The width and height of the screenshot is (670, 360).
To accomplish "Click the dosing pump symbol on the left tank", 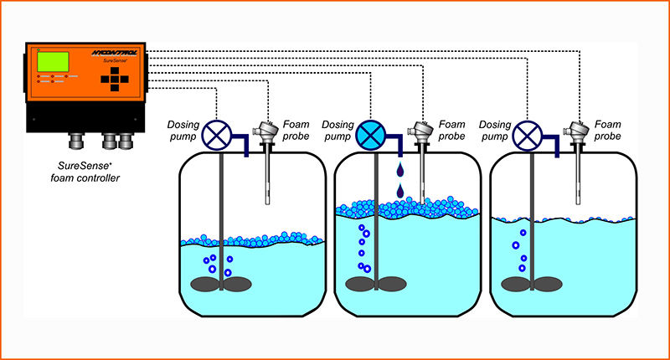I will pyautogui.click(x=219, y=135).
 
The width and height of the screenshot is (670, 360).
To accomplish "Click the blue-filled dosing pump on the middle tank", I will pyautogui.click(x=369, y=135).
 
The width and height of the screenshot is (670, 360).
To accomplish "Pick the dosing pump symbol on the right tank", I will pyautogui.click(x=528, y=135).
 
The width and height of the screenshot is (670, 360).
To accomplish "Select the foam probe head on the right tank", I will pyautogui.click(x=576, y=129).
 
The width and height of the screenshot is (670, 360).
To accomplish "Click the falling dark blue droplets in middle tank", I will pyautogui.click(x=399, y=182).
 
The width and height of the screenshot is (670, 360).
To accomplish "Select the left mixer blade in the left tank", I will pyautogui.click(x=205, y=284).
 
